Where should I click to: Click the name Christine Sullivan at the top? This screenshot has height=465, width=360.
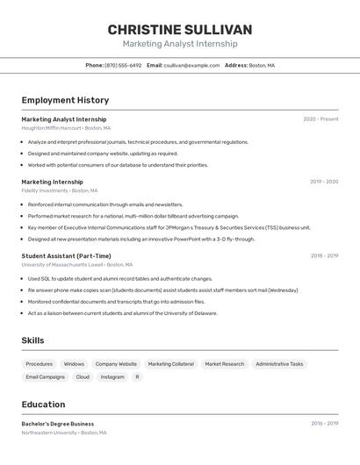(179, 29)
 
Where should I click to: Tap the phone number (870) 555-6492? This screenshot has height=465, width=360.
(123, 66)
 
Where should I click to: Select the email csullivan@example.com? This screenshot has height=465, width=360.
(191, 66)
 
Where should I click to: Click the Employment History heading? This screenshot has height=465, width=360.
(65, 100)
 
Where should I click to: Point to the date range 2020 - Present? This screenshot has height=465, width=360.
(320, 119)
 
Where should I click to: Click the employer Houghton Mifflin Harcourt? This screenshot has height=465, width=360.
(52, 128)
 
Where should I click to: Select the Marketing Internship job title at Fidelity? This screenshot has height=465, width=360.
(52, 182)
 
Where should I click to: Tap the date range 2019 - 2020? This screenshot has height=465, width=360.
(323, 182)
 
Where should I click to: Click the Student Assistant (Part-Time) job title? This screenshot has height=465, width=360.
(66, 256)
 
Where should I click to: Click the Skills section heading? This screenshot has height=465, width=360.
(32, 340)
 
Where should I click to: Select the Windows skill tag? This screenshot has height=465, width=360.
(74, 364)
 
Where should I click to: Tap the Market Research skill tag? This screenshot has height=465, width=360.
(225, 364)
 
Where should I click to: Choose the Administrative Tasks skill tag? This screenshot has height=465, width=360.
(279, 364)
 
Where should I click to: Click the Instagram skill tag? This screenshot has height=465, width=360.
(112, 377)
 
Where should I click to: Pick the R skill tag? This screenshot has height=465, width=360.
(137, 377)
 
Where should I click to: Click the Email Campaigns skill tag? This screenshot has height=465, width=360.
(46, 377)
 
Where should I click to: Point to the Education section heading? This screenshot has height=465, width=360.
(43, 404)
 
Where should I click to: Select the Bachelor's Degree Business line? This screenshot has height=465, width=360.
(58, 424)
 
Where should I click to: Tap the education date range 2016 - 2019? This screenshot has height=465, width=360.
(324, 424)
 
